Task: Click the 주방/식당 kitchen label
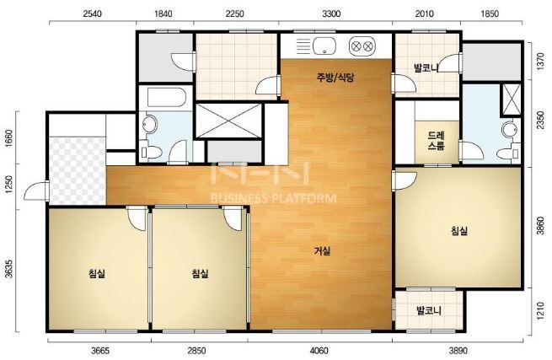point(335,78)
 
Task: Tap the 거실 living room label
point(322,250)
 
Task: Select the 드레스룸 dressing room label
point(437,141)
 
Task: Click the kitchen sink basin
point(324,46)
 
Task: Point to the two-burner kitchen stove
point(362,46)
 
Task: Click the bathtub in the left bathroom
point(167,97)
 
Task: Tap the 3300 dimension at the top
point(331,13)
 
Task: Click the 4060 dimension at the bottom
point(319,351)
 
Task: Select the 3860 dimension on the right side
point(540,225)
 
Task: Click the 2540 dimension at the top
point(93,13)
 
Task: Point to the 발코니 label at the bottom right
point(429,311)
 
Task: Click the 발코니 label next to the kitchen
point(426,67)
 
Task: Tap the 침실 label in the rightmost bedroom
point(459,231)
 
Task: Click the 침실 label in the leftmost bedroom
point(97,273)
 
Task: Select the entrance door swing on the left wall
point(35,191)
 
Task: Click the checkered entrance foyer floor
point(77,171)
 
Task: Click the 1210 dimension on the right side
point(540,309)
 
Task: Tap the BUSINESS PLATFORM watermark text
point(273,199)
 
